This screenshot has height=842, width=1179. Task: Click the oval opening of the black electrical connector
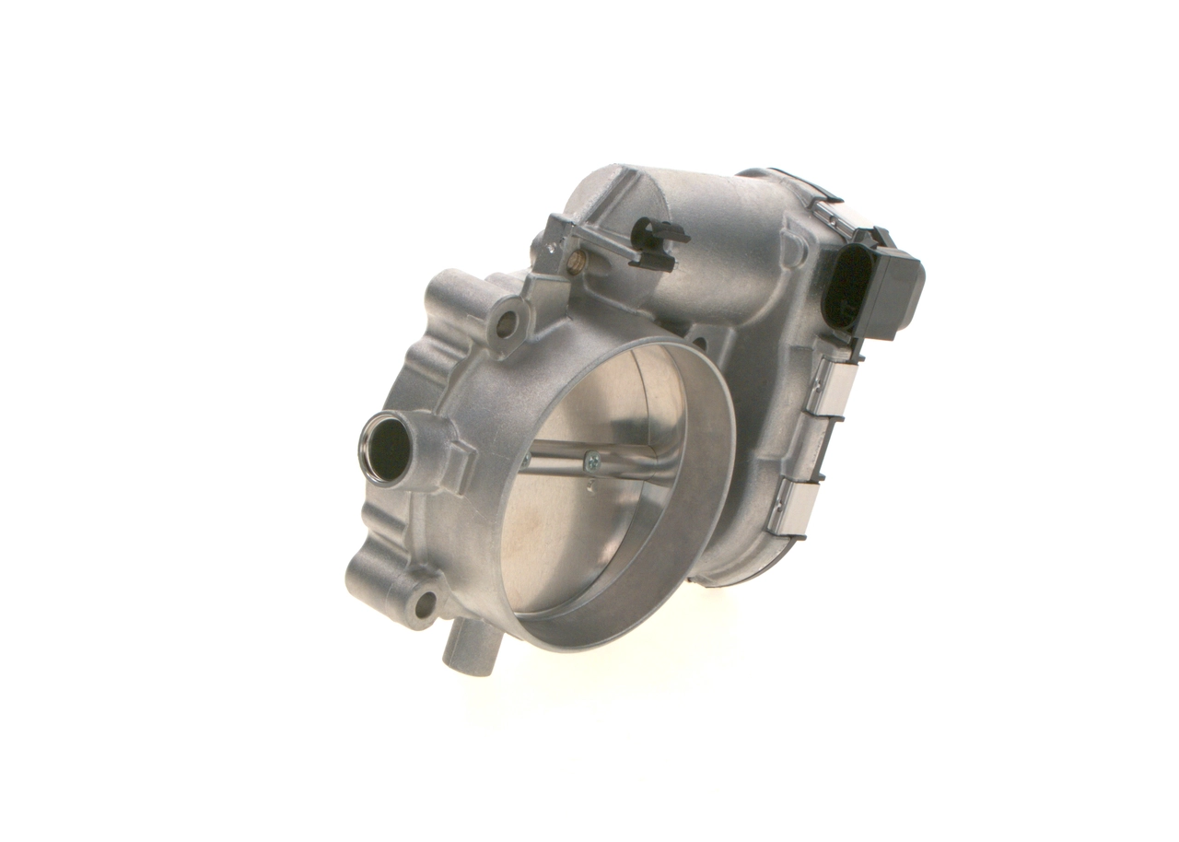[x=846, y=287]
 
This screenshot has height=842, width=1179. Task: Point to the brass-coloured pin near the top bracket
[x=575, y=265]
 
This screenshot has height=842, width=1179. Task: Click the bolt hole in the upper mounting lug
[x=506, y=322]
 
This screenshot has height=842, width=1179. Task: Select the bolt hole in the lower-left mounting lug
[x=425, y=604]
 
